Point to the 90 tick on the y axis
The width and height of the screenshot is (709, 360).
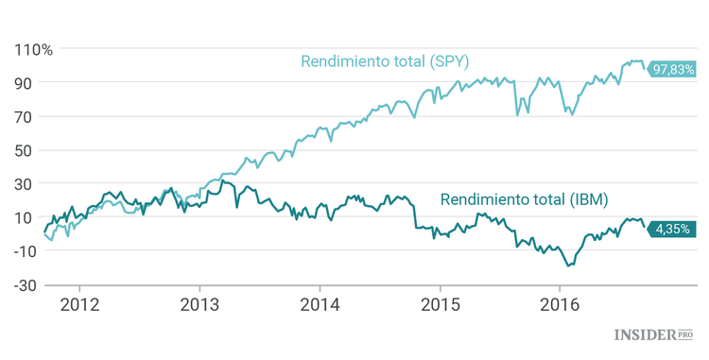(x=25, y=83)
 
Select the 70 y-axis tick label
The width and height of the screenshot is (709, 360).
(x=25, y=117)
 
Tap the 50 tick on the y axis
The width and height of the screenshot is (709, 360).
(x=25, y=150)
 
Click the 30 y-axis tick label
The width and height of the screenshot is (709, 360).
(x=25, y=184)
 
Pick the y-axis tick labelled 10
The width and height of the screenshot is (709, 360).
(x=25, y=217)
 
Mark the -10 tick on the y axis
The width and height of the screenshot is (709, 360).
(x=23, y=251)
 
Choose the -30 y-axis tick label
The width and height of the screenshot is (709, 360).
(x=23, y=285)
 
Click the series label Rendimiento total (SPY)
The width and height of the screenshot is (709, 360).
(x=385, y=61)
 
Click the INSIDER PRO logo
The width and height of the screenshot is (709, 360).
(x=653, y=334)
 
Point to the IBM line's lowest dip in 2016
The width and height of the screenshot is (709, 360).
(x=568, y=266)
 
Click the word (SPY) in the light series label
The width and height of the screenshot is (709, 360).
(x=449, y=61)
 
